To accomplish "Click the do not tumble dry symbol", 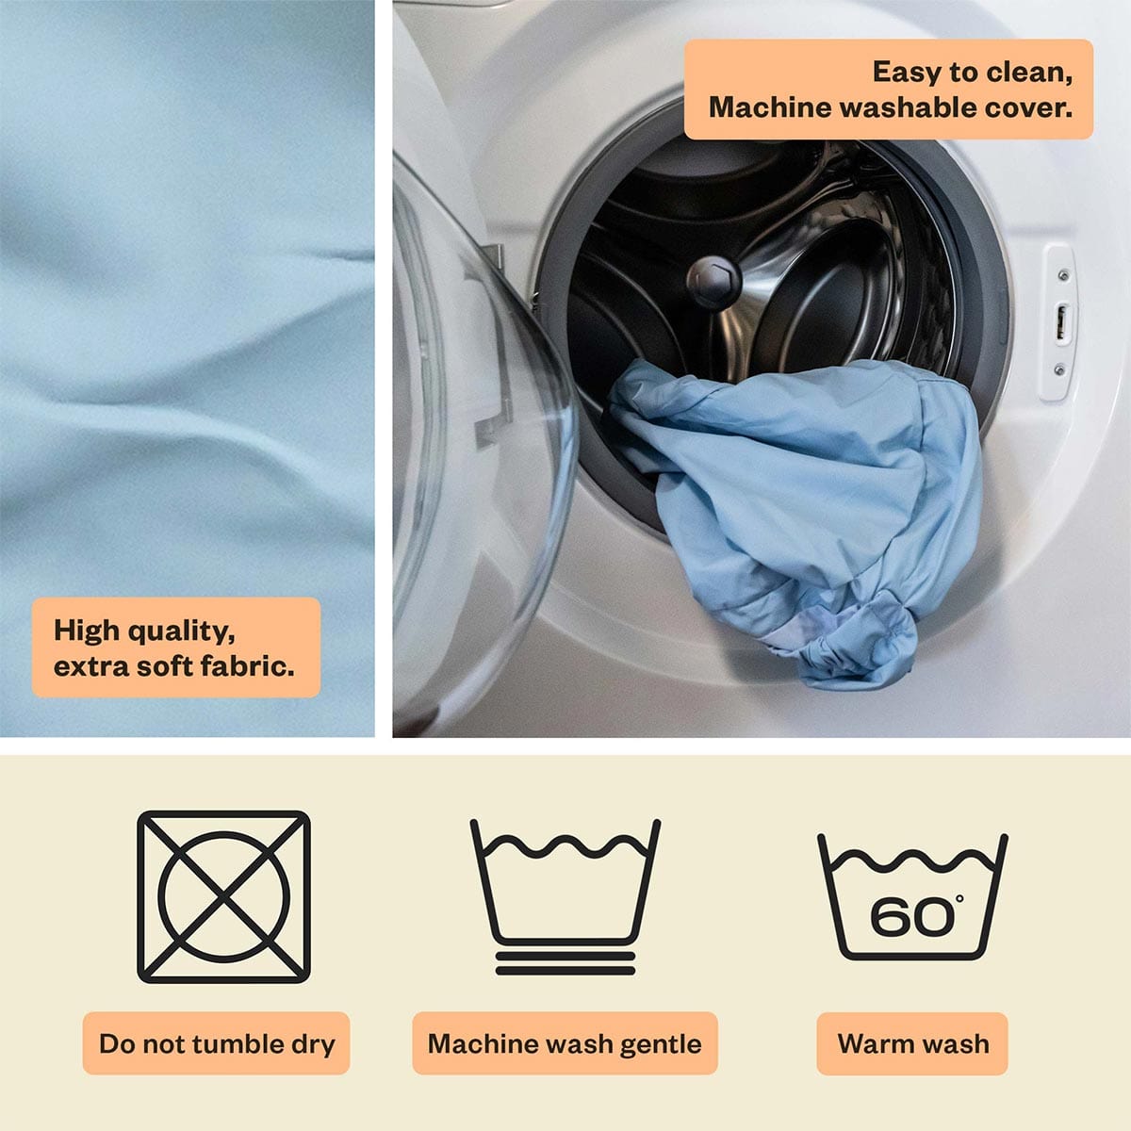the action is [223, 896].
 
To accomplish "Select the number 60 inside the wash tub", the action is [911, 916].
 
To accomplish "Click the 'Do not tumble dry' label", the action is [216, 1044].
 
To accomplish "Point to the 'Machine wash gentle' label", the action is [565, 1044].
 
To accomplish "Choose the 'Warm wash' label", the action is [912, 1044].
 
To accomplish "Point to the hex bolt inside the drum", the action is [713, 281].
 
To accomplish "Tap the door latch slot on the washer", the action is [1061, 321].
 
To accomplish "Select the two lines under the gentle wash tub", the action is [565, 964].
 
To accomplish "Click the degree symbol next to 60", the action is [959, 898].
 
